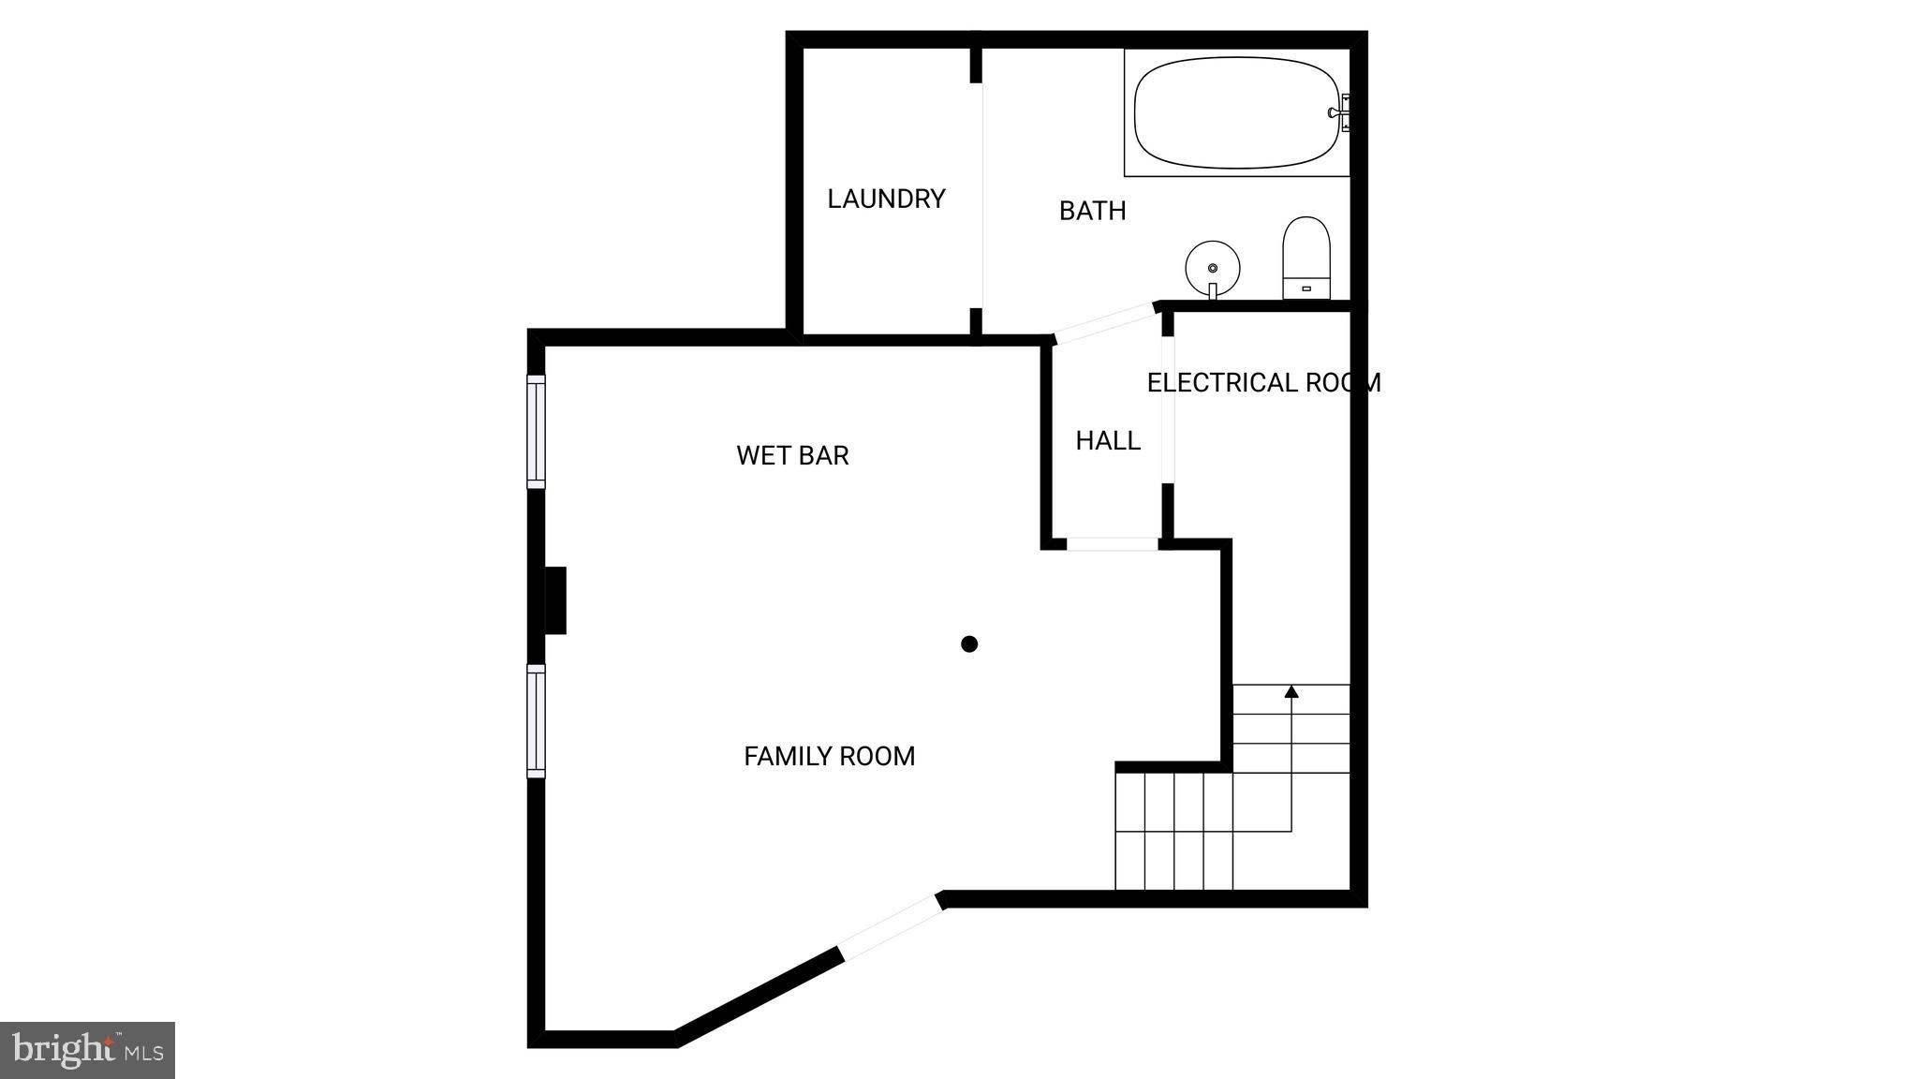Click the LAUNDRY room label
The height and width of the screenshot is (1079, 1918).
click(x=886, y=199)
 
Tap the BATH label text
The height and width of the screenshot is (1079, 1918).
click(x=1092, y=211)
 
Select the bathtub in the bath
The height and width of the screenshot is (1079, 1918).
click(x=1237, y=113)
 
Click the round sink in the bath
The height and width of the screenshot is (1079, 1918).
click(x=1213, y=267)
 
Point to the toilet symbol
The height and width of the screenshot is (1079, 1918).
click(x=1306, y=258)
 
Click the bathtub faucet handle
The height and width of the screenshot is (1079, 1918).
click(x=1338, y=112)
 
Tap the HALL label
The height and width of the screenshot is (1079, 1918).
click(x=1108, y=440)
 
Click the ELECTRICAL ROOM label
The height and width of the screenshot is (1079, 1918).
click(x=1263, y=382)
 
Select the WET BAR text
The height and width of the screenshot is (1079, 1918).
click(x=792, y=455)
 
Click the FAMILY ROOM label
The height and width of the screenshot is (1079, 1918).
click(x=829, y=756)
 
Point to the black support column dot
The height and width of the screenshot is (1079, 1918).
click(x=969, y=643)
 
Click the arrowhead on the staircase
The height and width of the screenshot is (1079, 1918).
click(x=1291, y=692)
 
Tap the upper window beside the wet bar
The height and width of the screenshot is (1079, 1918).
click(x=536, y=431)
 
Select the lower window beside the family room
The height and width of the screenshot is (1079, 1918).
click(x=536, y=720)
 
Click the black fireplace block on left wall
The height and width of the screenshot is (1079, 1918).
click(x=555, y=600)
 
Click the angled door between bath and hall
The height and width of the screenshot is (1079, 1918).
click(x=1106, y=322)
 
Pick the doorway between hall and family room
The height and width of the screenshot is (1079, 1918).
click(x=1113, y=544)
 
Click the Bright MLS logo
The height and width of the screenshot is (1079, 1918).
click(x=87, y=1050)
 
